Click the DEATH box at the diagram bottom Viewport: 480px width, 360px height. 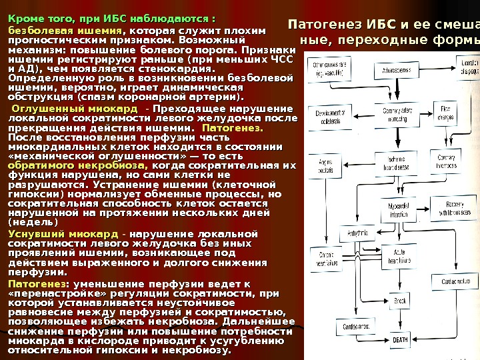401,340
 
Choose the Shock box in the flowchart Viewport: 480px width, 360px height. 400,303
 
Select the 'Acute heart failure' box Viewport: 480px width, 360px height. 399,255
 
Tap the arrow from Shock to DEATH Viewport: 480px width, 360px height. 400,321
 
